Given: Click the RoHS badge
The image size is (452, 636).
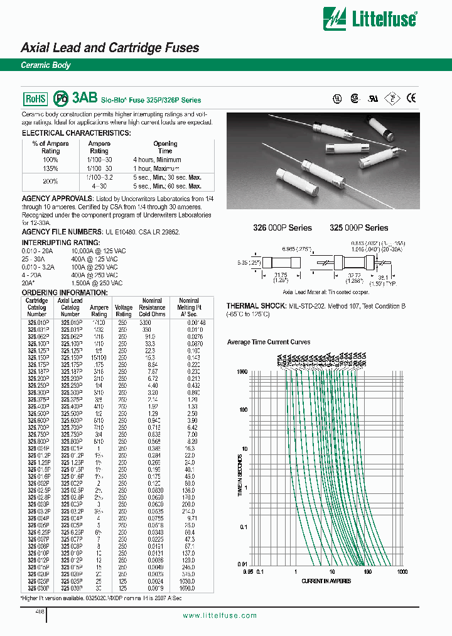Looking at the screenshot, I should tap(35, 99).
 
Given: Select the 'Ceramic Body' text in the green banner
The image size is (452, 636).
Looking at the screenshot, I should tap(46, 65).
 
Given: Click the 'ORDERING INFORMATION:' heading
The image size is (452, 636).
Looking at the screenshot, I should tap(56, 293).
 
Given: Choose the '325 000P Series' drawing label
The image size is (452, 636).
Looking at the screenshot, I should tap(358, 228).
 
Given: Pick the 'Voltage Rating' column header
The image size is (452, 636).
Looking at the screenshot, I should tap(124, 310).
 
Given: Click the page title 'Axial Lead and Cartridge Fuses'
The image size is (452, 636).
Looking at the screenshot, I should tap(110, 48).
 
